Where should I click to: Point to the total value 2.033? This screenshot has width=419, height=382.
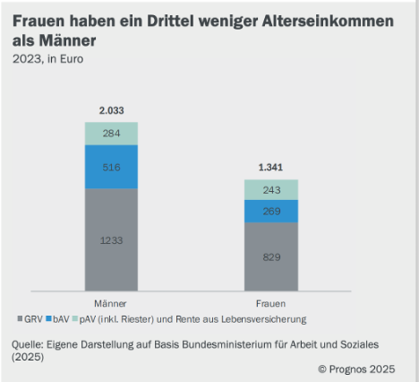pyautogui.click(x=111, y=111)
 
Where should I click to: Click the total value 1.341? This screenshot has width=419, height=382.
pyautogui.click(x=271, y=168)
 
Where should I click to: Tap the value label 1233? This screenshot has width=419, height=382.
pyautogui.click(x=111, y=239)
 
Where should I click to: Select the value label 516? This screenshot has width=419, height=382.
pyautogui.click(x=111, y=167)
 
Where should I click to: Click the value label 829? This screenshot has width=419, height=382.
pyautogui.click(x=271, y=256)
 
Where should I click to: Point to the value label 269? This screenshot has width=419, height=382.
pyautogui.click(x=271, y=211)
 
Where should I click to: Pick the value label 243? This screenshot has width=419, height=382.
pyautogui.click(x=271, y=189)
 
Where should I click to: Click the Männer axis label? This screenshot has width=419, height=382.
pyautogui.click(x=110, y=303)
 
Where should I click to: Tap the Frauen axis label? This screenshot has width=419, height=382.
pyautogui.click(x=270, y=303)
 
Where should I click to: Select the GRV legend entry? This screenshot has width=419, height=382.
pyautogui.click(x=30, y=318)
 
